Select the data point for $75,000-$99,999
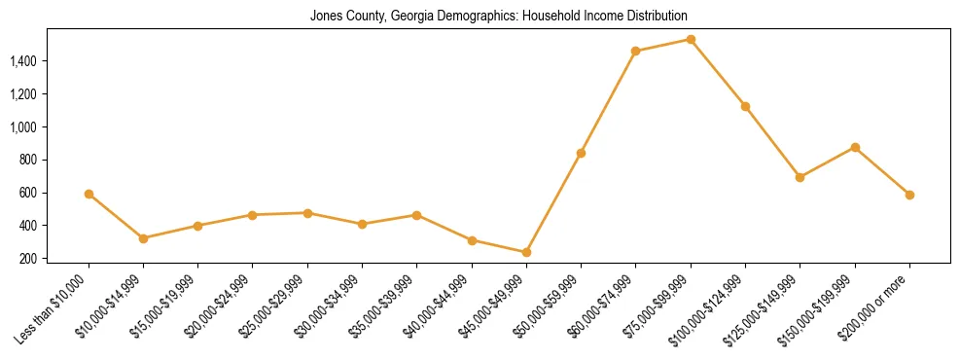tap(691, 40)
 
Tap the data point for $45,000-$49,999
tap(526, 252)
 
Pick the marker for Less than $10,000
tap(89, 194)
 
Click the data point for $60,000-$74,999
tap(636, 51)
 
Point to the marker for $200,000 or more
tap(909, 195)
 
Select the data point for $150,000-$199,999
tap(855, 147)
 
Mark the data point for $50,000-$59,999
tap(581, 153)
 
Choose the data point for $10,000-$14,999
tap(143, 238)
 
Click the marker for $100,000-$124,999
tap(745, 106)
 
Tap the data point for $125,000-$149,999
tap(800, 177)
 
